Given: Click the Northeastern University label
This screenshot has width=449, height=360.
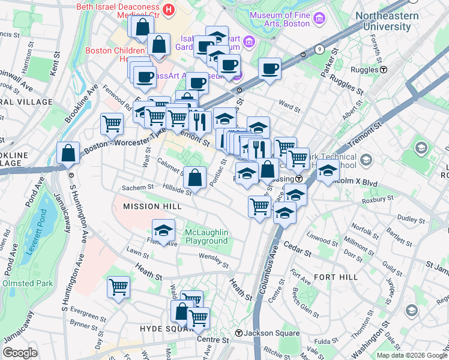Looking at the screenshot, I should coord(392,21).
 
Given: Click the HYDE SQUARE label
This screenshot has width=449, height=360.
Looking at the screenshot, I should coord(164,329).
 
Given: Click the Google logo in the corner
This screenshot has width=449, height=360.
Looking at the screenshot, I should coord(20,353).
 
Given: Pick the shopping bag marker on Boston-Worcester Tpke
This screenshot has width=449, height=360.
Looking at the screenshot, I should coord(68,154).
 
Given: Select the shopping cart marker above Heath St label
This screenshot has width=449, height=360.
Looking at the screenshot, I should coord(118,287).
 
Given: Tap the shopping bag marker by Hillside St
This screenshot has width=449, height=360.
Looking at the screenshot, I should coord(194,177).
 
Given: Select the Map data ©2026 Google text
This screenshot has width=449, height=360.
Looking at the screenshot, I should coord(411,355).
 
